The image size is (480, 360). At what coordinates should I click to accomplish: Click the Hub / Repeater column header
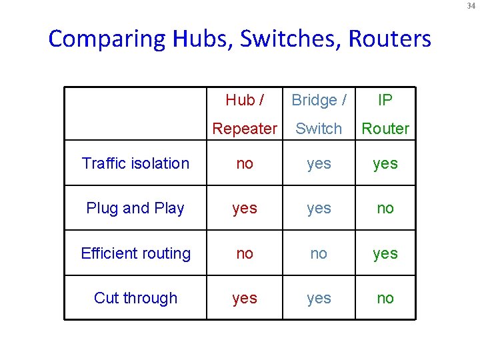pyautogui.click(x=245, y=114)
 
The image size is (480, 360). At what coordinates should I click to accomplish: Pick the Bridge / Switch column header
pyautogui.click(x=319, y=114)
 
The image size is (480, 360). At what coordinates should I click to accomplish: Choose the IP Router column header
pyautogui.click(x=385, y=114)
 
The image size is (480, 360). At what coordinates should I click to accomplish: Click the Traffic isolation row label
pyautogui.click(x=135, y=163)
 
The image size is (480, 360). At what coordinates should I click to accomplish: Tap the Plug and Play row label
pyautogui.click(x=135, y=208)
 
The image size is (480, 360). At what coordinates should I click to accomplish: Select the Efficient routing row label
pyautogui.click(x=135, y=253)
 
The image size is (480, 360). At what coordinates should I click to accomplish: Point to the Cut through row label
pyautogui.click(x=135, y=298)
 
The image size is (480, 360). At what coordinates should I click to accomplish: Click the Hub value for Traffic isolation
pyautogui.click(x=245, y=163)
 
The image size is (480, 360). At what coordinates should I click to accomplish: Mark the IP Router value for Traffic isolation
pyautogui.click(x=385, y=163)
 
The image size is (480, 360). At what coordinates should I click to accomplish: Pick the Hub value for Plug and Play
pyautogui.click(x=245, y=208)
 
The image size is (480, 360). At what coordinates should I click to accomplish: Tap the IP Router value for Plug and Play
pyautogui.click(x=385, y=208)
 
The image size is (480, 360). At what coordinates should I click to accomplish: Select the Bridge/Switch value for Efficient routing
pyautogui.click(x=319, y=253)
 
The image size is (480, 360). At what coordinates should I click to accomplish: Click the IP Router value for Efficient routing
pyautogui.click(x=385, y=253)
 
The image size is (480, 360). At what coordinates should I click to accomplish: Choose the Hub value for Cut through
pyautogui.click(x=245, y=298)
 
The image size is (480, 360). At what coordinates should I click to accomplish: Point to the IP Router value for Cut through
pyautogui.click(x=385, y=298)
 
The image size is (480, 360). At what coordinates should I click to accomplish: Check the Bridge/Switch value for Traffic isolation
pyautogui.click(x=319, y=163)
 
